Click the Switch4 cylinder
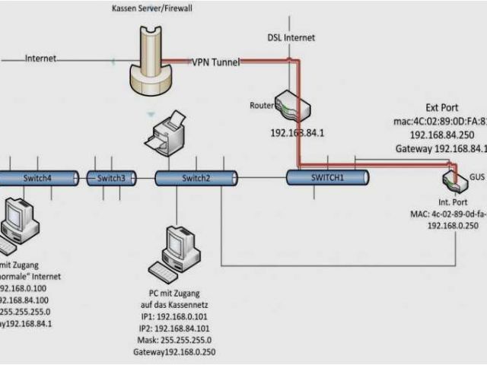pos(38,178)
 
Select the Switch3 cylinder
pos(111,178)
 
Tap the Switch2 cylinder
pos(194,178)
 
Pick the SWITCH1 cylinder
pos(327,177)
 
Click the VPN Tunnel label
pos(216,62)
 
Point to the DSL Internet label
pos(290,37)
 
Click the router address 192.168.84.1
pos(297,132)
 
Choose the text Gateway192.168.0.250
pos(172,352)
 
